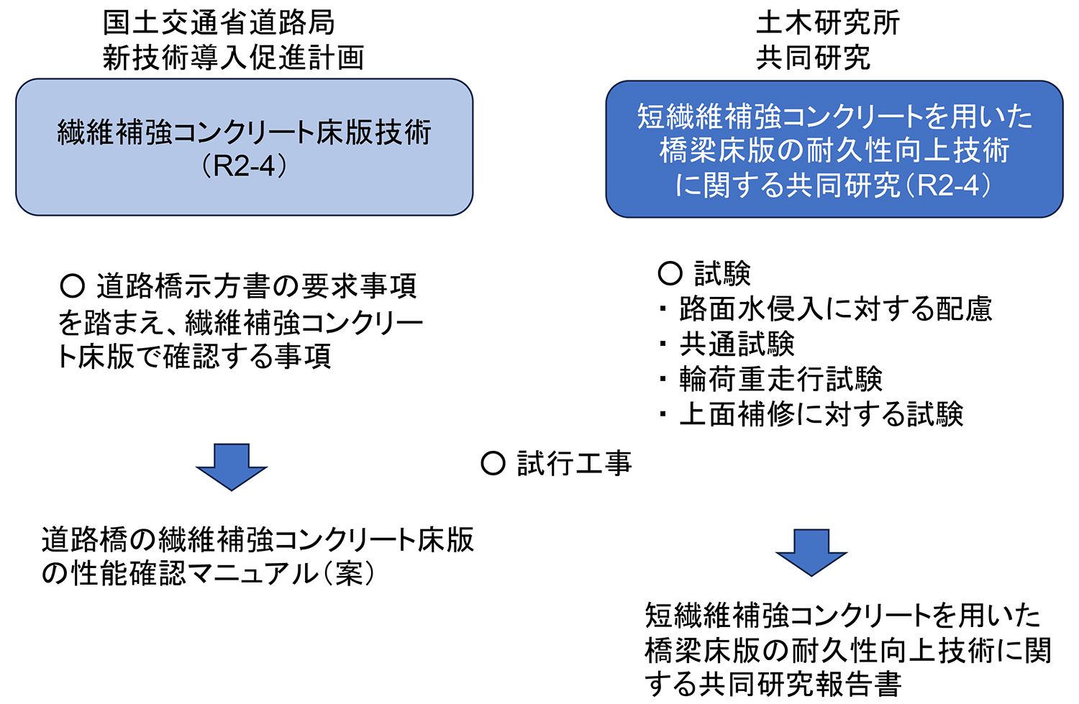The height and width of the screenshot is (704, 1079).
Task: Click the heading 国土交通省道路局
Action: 219,23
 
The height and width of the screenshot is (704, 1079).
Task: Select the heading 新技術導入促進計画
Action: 233,58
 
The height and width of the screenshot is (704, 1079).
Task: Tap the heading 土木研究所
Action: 828,23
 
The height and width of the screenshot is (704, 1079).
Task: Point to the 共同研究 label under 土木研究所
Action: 814,58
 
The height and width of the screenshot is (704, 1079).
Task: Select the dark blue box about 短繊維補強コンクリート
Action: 834,149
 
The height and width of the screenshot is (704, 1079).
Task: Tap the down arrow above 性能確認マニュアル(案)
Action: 232,467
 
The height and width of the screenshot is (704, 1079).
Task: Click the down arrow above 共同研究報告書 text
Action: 811,552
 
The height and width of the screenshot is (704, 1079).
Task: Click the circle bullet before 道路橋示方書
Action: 73,286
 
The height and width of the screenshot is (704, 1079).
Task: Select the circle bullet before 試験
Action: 670,273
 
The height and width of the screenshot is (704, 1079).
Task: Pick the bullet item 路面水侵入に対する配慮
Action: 835,309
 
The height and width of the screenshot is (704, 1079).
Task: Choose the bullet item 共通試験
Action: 737,344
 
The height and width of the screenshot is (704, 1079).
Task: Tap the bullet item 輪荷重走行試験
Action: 780,379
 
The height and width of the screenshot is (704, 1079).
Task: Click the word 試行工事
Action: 574,464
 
